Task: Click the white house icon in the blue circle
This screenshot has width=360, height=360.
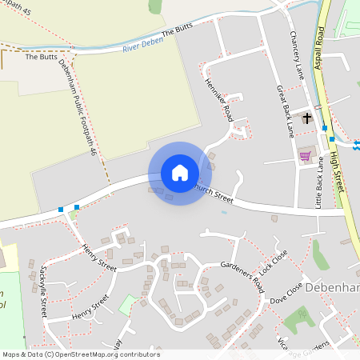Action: pyautogui.click(x=179, y=173)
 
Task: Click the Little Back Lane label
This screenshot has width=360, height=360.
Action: pyautogui.click(x=318, y=189)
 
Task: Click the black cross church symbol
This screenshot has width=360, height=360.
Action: pyautogui.click(x=306, y=118)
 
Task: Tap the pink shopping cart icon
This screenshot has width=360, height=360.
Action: pyautogui.click(x=304, y=156)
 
